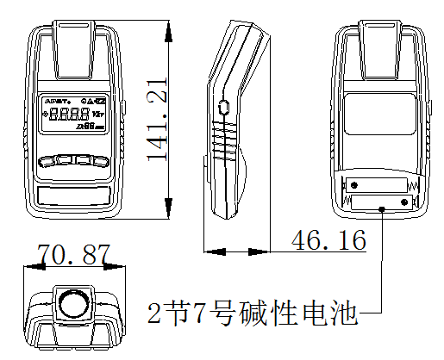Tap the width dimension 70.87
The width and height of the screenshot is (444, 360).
[73, 255]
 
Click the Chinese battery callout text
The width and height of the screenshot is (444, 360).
[252, 311]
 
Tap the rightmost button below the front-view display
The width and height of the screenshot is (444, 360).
[103, 159]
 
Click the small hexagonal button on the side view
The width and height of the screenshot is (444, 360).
[224, 109]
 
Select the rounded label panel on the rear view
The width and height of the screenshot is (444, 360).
[378, 112]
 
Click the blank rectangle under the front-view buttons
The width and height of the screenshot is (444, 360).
[75, 194]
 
